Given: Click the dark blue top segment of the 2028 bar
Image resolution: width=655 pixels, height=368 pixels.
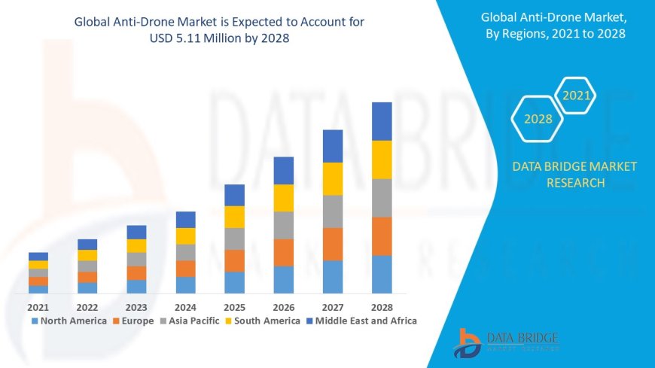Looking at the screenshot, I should [382, 121].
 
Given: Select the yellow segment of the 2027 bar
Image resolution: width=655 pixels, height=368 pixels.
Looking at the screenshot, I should [333, 178].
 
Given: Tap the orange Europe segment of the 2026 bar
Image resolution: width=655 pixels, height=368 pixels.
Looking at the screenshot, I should [284, 252].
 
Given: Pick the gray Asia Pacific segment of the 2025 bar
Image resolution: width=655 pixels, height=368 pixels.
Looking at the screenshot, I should [235, 239].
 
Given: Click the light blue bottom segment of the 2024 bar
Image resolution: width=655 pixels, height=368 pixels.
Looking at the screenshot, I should [186, 284].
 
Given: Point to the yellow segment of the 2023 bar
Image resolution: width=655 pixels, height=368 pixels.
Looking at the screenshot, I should [136, 245].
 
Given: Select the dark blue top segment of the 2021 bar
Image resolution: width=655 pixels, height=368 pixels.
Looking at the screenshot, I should [38, 256].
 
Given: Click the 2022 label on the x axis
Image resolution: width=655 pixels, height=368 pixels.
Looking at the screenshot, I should [87, 307].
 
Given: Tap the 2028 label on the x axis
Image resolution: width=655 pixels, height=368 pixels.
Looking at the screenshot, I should [382, 307].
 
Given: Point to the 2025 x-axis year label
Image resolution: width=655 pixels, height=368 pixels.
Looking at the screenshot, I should [235, 307].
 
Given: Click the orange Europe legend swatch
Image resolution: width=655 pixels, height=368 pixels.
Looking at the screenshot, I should [117, 321].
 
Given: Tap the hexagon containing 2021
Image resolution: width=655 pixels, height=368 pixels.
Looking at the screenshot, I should [576, 96].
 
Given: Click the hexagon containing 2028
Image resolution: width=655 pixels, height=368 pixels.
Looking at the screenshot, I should [538, 119].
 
